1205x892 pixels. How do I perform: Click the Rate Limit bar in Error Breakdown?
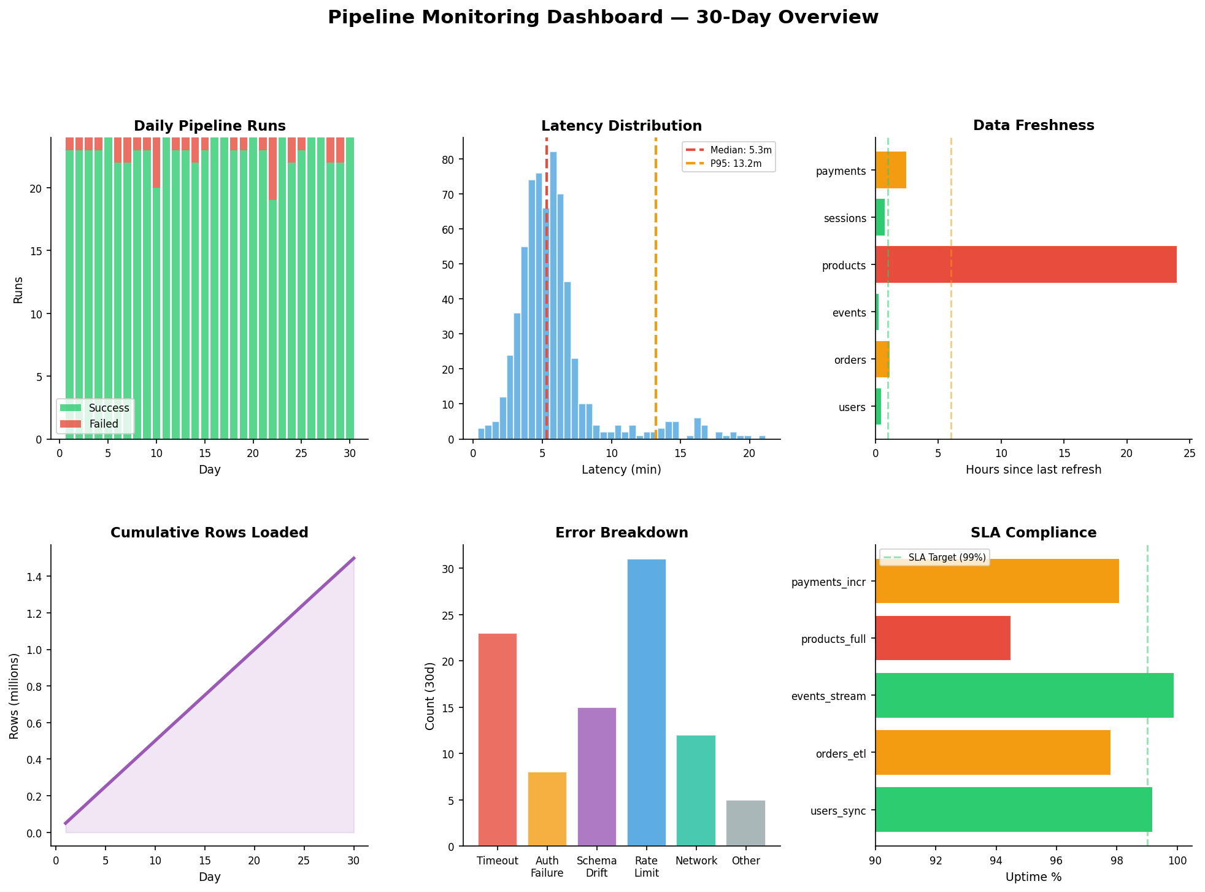point(646,702)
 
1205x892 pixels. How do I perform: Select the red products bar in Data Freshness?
point(1025,264)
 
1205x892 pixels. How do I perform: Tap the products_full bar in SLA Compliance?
point(942,639)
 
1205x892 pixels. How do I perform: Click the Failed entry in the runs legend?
point(103,424)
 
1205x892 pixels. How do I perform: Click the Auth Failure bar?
point(547,809)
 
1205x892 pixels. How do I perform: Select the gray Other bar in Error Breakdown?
point(745,823)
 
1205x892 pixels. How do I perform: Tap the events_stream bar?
point(1024,696)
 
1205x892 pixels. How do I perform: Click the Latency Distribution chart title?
point(621,126)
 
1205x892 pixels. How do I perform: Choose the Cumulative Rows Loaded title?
point(209,533)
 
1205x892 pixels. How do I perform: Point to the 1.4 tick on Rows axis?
point(38,577)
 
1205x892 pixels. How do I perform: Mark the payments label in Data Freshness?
point(841,171)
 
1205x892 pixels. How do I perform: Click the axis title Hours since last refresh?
point(1033,470)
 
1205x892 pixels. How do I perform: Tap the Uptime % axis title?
point(1033,877)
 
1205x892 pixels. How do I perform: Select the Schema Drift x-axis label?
point(596,866)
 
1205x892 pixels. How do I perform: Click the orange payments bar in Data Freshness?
point(890,170)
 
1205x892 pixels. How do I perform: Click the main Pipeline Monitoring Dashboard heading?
point(602,17)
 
